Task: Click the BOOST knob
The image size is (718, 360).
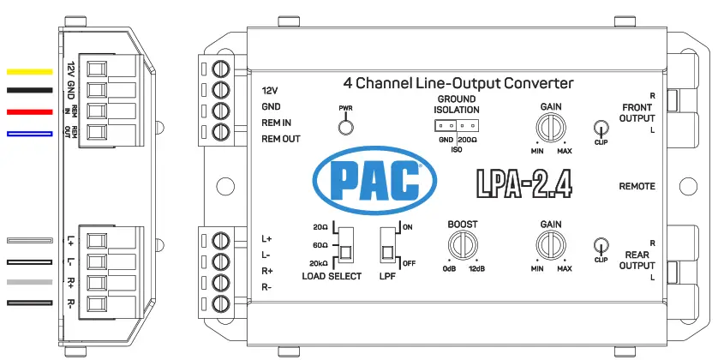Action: pos(463,245)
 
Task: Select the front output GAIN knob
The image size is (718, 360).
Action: pos(551,128)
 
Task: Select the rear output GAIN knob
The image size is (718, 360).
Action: pos(551,245)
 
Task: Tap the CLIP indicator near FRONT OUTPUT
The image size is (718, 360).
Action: pos(601,129)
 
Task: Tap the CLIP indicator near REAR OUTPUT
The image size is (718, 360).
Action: pos(601,246)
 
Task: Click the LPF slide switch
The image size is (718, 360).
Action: pos(387,244)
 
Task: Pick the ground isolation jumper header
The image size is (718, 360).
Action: pos(455,125)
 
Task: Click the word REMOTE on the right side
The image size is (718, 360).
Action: pos(637,186)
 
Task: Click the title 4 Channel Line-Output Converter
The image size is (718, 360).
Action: pos(458,83)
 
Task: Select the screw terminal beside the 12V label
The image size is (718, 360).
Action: pos(223,69)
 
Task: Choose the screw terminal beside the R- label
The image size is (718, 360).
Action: pos(223,304)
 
